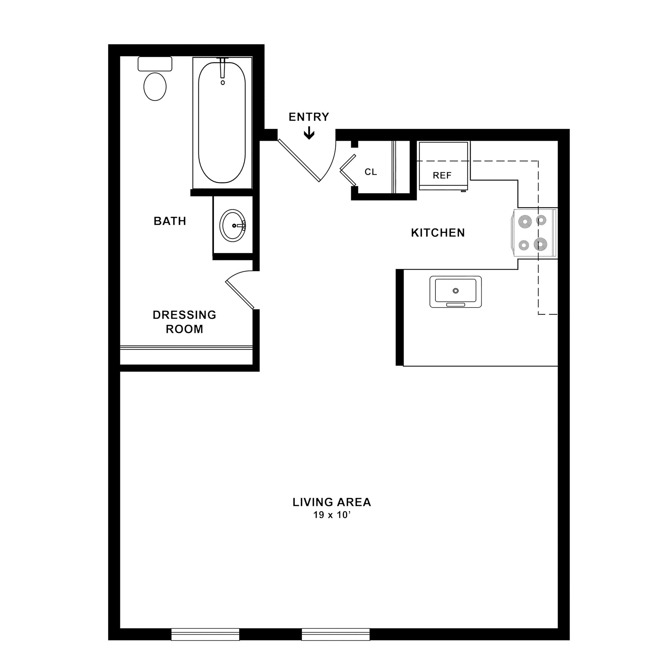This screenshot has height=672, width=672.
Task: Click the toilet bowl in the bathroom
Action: click(x=155, y=87)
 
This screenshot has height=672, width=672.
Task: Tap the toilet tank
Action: click(x=155, y=64)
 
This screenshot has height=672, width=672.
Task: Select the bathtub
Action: click(x=221, y=122)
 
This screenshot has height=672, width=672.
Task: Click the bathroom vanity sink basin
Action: click(x=232, y=225)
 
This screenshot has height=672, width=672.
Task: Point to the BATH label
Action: click(x=170, y=221)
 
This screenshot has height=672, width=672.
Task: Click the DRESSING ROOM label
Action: click(x=184, y=322)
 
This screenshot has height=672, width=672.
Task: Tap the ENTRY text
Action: click(x=309, y=117)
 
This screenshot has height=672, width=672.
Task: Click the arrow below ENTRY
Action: click(x=309, y=134)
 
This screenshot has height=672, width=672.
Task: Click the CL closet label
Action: click(x=371, y=172)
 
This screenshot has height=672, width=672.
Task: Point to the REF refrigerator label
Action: click(x=442, y=175)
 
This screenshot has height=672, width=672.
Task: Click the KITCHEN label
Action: click(x=438, y=233)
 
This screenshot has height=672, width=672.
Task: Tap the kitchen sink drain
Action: click(x=456, y=291)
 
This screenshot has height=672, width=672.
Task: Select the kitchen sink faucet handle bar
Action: click(x=456, y=305)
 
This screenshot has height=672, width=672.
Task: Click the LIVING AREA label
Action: click(x=331, y=502)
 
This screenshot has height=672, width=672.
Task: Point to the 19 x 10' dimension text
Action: click(x=331, y=515)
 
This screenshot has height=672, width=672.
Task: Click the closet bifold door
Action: click(x=348, y=170)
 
